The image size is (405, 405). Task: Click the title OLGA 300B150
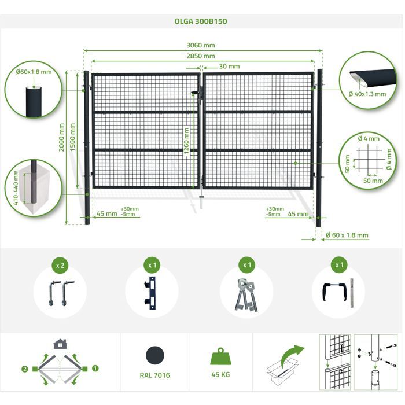[x=201, y=21]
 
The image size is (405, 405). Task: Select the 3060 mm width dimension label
[x=201, y=45]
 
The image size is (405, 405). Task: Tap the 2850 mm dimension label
[x=201, y=56]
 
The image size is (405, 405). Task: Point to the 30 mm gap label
[x=229, y=67]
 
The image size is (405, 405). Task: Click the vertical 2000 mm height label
[x=61, y=138]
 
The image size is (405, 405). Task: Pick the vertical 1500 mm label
[x=72, y=138]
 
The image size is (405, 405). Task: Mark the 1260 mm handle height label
[x=186, y=141]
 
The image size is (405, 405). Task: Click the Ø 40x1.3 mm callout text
[x=367, y=94]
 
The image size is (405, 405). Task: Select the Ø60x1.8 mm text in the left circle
[x=34, y=72]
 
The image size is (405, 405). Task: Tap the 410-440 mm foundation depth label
[x=16, y=188]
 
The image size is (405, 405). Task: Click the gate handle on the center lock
[x=194, y=92]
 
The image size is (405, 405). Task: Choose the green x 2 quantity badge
[x=60, y=265]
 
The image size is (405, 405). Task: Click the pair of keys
[x=246, y=294]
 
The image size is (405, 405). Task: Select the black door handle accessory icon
[x=334, y=292]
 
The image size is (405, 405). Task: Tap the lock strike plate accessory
[x=150, y=293]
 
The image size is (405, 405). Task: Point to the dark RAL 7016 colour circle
[x=155, y=355]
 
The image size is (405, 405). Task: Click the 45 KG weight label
[x=220, y=374]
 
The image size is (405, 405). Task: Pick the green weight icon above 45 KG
[x=220, y=356]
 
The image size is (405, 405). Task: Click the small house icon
[x=60, y=344]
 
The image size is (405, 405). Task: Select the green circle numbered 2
[x=24, y=369]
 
